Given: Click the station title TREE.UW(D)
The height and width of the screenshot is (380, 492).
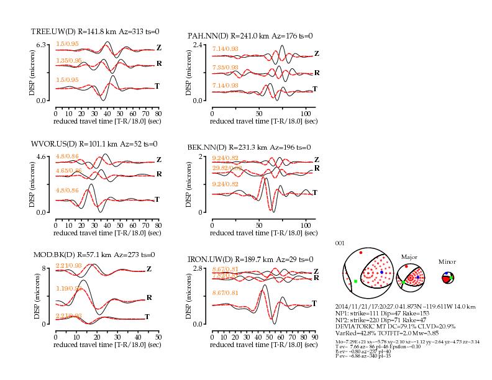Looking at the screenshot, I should point(53,31).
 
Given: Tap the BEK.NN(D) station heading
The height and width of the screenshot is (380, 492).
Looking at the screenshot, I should point(208,147).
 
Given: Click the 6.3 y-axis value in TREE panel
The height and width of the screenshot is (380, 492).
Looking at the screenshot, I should point(42,45).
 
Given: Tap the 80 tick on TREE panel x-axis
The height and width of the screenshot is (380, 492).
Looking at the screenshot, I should point(158,114).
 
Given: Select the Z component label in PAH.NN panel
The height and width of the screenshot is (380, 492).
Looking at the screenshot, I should point(316,53).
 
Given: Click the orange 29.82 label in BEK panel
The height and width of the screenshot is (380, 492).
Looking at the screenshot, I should point(225,168).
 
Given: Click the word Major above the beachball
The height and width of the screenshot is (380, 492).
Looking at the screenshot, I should point(409,256).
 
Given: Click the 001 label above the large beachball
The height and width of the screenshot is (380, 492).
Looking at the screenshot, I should point(339,243).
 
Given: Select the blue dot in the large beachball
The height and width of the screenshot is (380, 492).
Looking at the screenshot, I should point(381,273).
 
